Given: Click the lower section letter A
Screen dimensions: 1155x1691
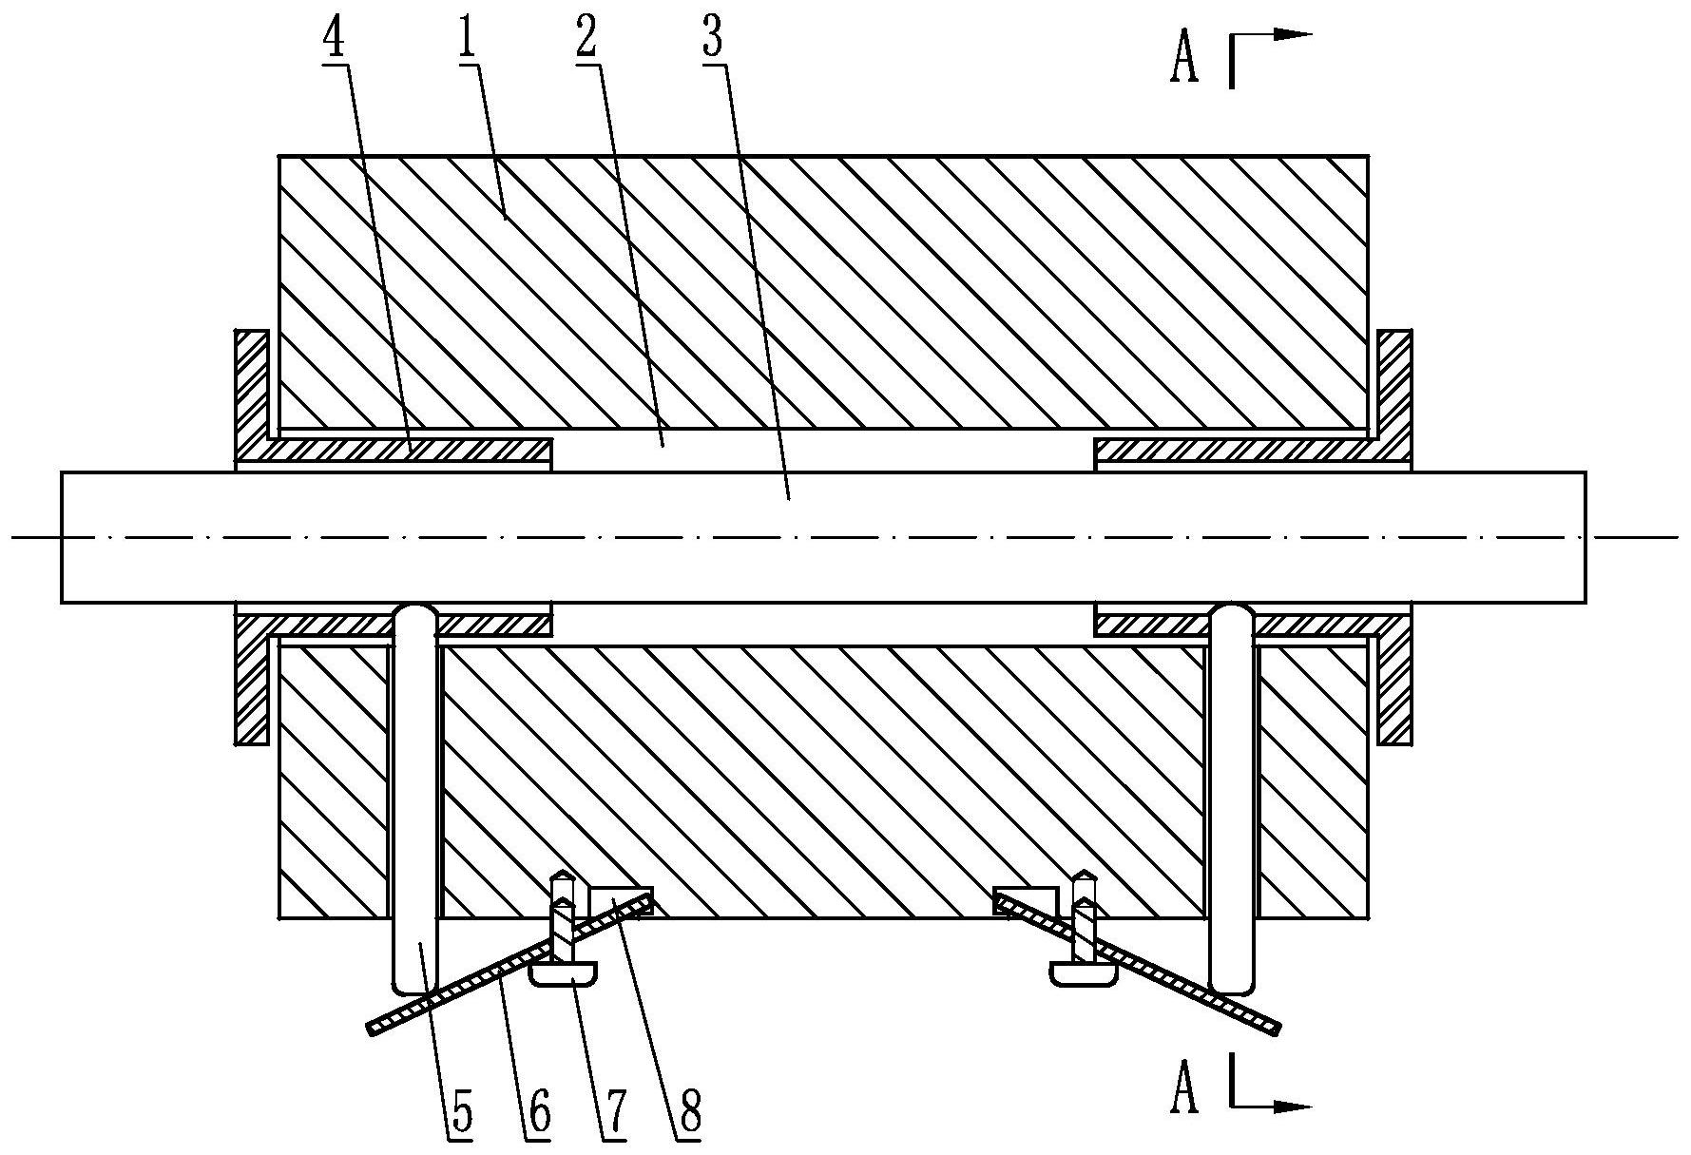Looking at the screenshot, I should pyautogui.click(x=1183, y=1089).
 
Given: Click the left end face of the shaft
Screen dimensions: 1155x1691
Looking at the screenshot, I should pyautogui.click(x=63, y=537).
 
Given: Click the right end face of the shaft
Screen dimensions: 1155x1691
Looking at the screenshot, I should pyautogui.click(x=1585, y=537).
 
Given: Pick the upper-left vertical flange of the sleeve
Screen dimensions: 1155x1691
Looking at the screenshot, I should pyautogui.click(x=253, y=385).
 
